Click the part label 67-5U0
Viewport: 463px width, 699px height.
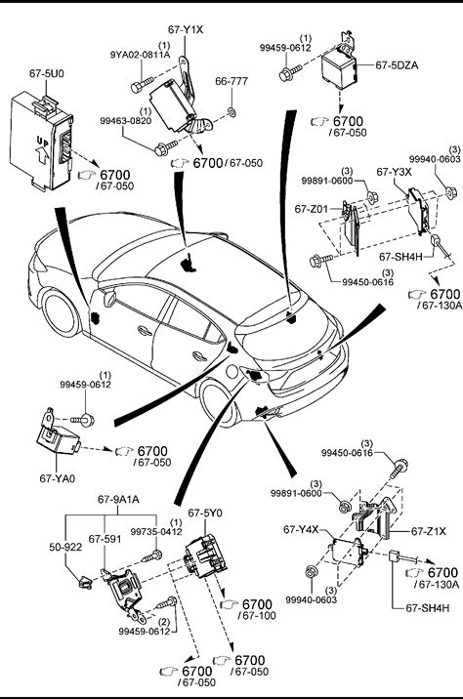(x=47, y=73)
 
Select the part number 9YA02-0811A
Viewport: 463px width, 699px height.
(x=140, y=55)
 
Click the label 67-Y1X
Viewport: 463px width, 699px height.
(x=186, y=30)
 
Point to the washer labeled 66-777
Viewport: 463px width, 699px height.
(x=231, y=111)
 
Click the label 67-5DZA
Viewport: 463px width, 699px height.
(x=397, y=65)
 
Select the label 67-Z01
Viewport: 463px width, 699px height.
(x=312, y=209)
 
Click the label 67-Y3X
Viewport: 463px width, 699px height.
(x=395, y=172)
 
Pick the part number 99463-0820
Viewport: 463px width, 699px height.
(x=125, y=121)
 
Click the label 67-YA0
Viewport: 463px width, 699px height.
(x=58, y=478)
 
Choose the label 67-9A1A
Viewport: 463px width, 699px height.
(x=118, y=500)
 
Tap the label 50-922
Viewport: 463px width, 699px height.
(x=65, y=547)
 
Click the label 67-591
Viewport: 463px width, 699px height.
(x=105, y=539)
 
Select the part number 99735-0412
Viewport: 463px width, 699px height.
(x=156, y=532)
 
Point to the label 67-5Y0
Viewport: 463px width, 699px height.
(x=205, y=514)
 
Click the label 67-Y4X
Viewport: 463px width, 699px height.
(x=301, y=529)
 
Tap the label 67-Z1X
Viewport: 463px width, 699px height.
(x=429, y=531)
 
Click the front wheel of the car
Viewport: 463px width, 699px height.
(x=61, y=313)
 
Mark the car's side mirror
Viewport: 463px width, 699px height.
(x=109, y=299)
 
